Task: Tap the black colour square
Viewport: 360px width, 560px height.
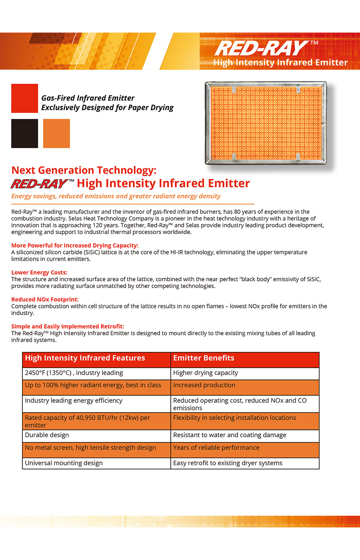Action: click(x=24, y=134)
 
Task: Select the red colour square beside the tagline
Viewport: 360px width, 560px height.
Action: click(x=24, y=98)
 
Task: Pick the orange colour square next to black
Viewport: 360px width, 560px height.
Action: click(x=56, y=134)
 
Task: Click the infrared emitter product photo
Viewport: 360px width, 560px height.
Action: click(x=266, y=123)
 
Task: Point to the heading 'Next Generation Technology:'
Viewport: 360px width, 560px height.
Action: click(x=84, y=170)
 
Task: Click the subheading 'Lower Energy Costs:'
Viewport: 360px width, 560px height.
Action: click(x=39, y=272)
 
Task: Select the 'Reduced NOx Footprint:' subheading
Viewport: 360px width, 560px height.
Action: click(x=45, y=299)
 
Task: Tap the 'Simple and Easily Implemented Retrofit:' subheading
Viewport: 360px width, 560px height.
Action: click(x=68, y=326)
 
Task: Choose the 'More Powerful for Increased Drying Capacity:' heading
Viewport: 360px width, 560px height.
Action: click(x=75, y=245)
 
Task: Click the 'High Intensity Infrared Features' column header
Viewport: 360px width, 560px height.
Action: click(x=85, y=358)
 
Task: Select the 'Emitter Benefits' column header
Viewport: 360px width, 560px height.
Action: click(x=204, y=358)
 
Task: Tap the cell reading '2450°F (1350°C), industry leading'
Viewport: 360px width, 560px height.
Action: click(x=74, y=373)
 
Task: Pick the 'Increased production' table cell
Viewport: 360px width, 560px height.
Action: click(x=204, y=385)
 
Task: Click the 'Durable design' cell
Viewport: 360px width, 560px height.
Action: click(x=47, y=435)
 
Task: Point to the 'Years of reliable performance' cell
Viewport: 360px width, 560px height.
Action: click(x=216, y=448)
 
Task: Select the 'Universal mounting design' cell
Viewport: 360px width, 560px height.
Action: click(x=64, y=463)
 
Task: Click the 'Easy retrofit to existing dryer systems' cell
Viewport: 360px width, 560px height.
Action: click(x=228, y=463)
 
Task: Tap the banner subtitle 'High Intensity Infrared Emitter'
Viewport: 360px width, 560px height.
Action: click(x=280, y=63)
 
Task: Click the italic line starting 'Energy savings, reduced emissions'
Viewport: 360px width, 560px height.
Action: click(x=116, y=196)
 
